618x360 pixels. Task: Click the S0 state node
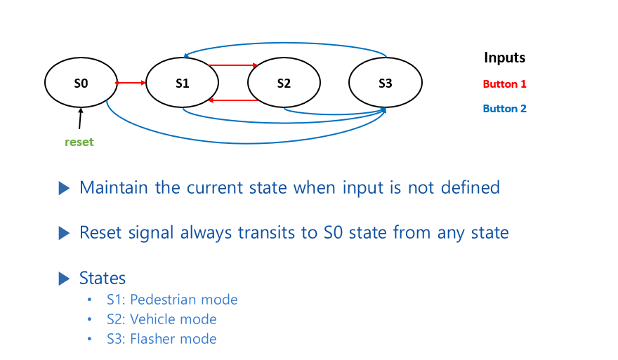(x=81, y=83)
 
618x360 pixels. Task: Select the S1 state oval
(x=183, y=83)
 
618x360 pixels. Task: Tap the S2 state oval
(x=284, y=83)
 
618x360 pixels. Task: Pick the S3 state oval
(x=385, y=83)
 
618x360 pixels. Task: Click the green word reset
(x=79, y=142)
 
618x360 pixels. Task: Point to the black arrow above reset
(x=80, y=119)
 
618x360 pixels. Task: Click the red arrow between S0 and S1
(x=131, y=83)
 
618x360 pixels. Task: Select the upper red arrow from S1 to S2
(x=233, y=66)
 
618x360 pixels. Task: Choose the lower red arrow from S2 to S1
(x=233, y=100)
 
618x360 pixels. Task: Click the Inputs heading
(x=504, y=58)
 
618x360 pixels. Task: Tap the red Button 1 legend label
(x=504, y=84)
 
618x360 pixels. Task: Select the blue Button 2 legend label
(x=504, y=109)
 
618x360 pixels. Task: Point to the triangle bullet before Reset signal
(x=65, y=232)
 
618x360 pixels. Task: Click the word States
(x=103, y=278)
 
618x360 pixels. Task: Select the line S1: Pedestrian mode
(x=172, y=300)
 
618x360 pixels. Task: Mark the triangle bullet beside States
(x=65, y=278)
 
